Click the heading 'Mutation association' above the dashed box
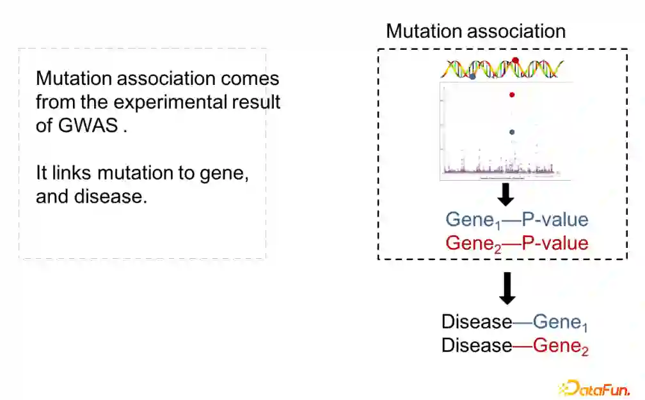point(475,31)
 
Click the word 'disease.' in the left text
point(92,196)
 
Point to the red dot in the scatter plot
point(512,95)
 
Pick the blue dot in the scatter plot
point(512,132)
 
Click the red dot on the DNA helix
point(516,61)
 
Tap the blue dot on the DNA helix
point(472,77)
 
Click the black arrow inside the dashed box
point(506,195)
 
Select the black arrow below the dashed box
point(507,288)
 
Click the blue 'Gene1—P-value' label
point(516,220)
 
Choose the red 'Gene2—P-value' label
point(516,243)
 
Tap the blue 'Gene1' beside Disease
point(561,323)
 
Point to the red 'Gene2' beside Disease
point(561,346)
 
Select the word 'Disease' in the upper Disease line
point(477,322)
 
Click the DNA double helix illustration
point(504,69)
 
